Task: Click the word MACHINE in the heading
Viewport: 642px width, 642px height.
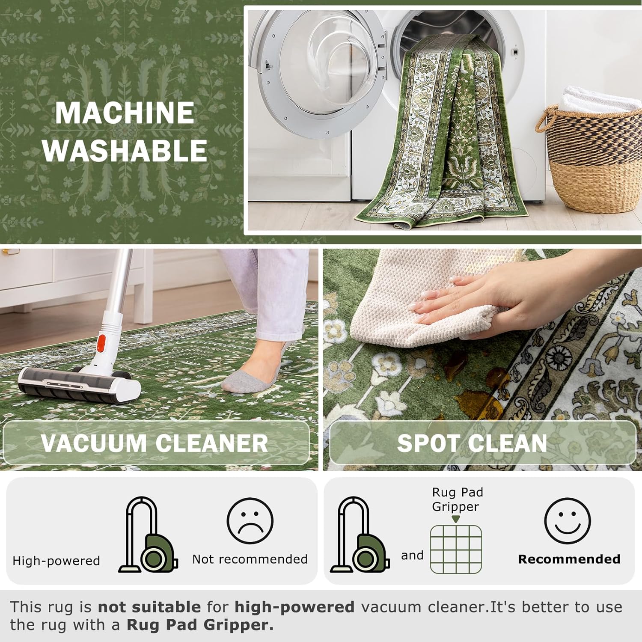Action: pyautogui.click(x=125, y=113)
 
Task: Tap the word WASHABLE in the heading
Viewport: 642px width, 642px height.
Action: pyautogui.click(x=125, y=150)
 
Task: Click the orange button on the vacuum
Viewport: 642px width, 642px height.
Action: pyautogui.click(x=101, y=343)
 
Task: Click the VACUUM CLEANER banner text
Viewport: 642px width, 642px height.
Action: pyautogui.click(x=155, y=443)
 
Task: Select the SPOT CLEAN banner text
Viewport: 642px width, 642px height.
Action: pyautogui.click(x=472, y=443)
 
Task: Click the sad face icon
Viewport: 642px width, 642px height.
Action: pyautogui.click(x=250, y=521)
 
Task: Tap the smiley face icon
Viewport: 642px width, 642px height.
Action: pyautogui.click(x=568, y=521)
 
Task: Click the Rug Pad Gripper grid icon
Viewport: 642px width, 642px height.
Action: pyautogui.click(x=456, y=549)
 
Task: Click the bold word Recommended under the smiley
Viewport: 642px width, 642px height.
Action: pyautogui.click(x=569, y=559)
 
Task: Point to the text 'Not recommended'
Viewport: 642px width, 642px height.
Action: pyautogui.click(x=250, y=559)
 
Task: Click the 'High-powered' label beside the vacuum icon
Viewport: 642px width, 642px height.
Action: pyautogui.click(x=56, y=561)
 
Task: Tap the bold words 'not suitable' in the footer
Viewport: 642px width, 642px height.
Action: pyautogui.click(x=149, y=607)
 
